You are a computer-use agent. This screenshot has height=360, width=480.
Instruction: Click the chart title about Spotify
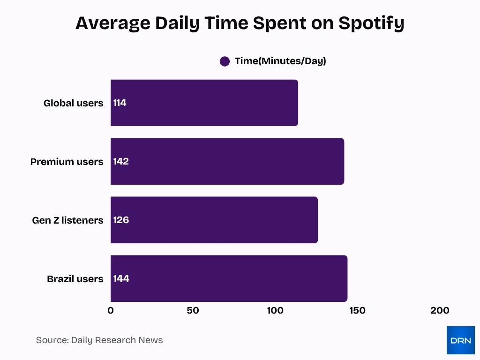(240, 23)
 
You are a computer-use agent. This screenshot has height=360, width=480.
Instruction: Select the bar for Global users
(204, 103)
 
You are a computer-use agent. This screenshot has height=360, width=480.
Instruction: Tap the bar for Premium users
(227, 161)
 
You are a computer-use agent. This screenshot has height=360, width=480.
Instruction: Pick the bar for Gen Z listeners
(214, 220)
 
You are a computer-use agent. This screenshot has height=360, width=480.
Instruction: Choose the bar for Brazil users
(229, 278)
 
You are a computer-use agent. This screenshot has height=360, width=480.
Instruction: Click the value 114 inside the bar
(120, 103)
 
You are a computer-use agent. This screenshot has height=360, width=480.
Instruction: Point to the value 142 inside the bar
(121, 161)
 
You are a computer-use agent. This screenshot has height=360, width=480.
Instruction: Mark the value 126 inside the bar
(121, 220)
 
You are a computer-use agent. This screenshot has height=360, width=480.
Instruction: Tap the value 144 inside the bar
(121, 278)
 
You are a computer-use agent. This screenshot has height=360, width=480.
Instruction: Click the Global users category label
(73, 103)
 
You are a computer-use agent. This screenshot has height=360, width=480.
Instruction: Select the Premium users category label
(67, 162)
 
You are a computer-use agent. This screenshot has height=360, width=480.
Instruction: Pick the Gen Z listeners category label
(67, 220)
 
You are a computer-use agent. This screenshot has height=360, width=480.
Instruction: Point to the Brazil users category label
(75, 279)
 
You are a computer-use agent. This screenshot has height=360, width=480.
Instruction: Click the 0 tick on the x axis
(111, 310)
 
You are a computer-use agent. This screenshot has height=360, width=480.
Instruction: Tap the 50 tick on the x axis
(193, 310)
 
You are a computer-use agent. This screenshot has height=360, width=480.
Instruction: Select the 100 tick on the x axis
(275, 310)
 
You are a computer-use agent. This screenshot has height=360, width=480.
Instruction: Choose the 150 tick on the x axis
(357, 310)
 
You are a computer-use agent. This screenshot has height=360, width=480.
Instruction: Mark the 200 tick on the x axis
(440, 310)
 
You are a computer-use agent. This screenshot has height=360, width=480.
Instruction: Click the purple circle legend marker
(225, 61)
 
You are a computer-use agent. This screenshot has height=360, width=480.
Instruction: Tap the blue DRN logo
(460, 340)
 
